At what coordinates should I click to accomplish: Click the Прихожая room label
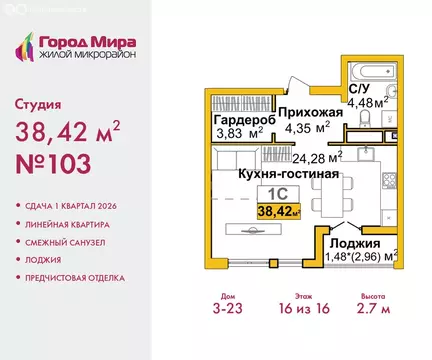point(310,113)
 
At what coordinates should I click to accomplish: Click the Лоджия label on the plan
point(356,243)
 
